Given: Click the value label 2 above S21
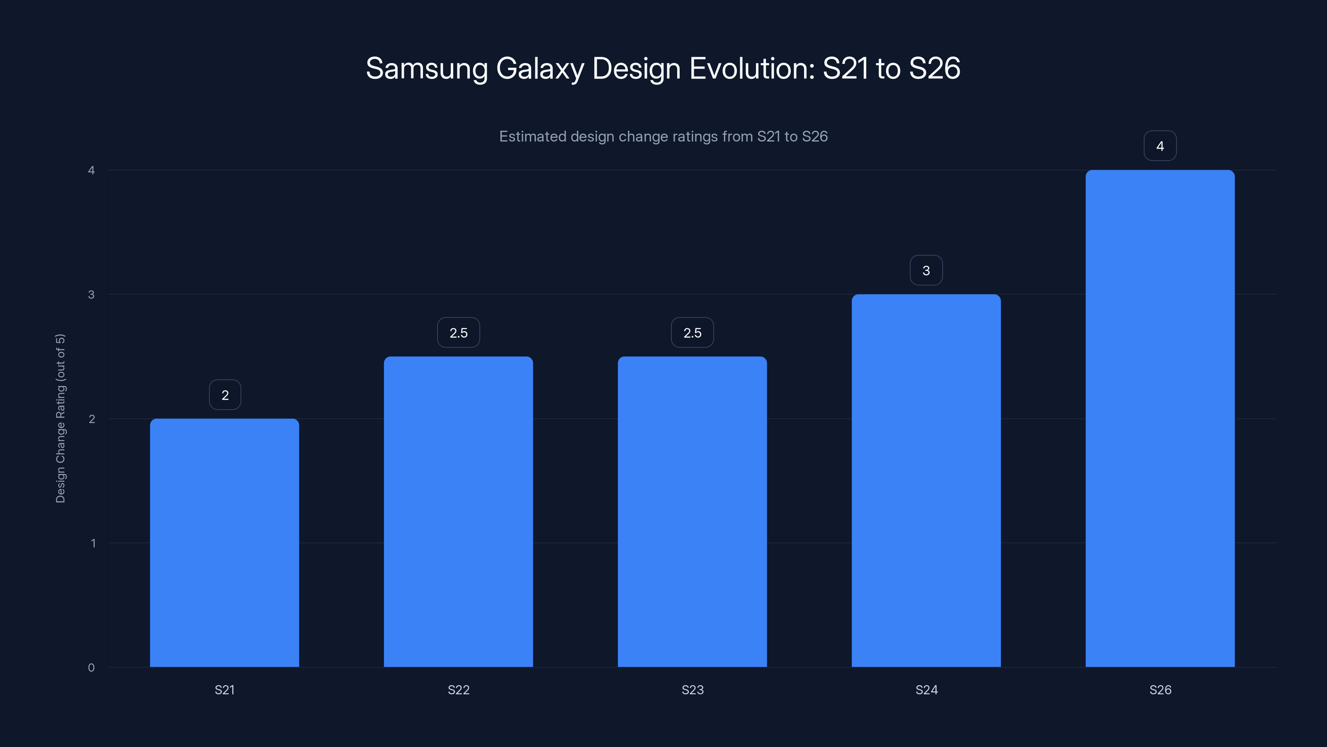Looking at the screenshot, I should tap(225, 395).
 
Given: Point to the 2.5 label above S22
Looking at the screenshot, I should tap(459, 333).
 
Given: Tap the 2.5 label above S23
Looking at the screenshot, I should tap(693, 333).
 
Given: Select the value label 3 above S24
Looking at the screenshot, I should tap(926, 271).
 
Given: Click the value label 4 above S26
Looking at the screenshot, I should tap(1160, 146).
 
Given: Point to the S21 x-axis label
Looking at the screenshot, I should tap(225, 690).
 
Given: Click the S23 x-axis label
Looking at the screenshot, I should tap(693, 690).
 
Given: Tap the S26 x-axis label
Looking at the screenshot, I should tap(1160, 690).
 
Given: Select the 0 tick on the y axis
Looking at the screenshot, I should tap(91, 668).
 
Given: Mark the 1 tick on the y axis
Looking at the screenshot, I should tap(93, 543).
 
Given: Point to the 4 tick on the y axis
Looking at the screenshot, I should tap(91, 170).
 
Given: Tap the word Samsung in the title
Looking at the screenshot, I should tap(427, 68).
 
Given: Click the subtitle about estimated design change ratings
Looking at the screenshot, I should tap(663, 137).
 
